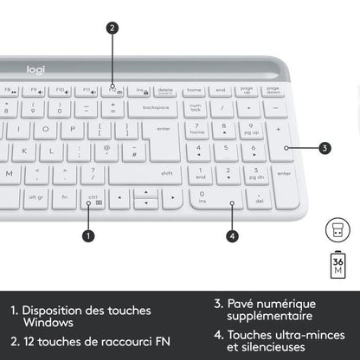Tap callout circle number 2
coord(112,28)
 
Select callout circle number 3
coord(325,148)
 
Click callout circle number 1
coord(87,235)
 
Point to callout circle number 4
coord(232,235)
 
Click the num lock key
coord(196,109)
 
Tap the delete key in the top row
coord(164,90)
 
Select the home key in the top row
coord(193,90)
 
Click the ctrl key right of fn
coord(93,198)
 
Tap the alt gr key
coord(35,198)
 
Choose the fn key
coord(64,198)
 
